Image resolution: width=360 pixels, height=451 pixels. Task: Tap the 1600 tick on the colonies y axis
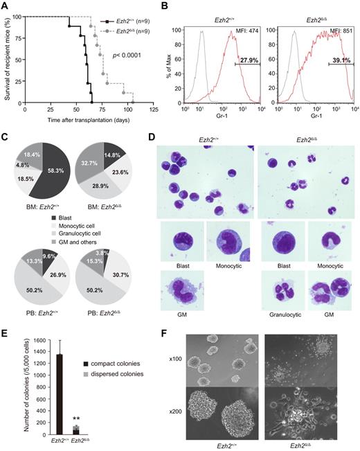(29, 341)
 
